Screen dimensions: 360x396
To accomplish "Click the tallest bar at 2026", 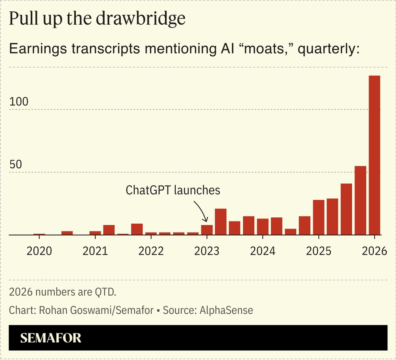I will [374, 155].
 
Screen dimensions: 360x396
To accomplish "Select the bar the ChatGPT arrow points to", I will [207, 230].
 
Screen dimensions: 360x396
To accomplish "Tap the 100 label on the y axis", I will [19, 102].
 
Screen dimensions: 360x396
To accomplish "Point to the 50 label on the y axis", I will [15, 164].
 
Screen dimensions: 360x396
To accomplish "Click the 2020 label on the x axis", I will [39, 251].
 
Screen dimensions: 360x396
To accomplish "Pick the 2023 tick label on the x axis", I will [207, 251].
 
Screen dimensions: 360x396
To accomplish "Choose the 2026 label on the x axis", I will [374, 251].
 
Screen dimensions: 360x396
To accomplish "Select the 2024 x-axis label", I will [263, 251].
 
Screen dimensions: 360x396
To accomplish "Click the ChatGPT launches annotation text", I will [173, 190].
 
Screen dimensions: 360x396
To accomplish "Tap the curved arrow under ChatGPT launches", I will [201, 210].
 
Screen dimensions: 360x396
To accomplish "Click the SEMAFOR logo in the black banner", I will [51, 338].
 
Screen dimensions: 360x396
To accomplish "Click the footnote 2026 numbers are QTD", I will [63, 292].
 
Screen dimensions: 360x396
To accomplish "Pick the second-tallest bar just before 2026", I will [360, 201].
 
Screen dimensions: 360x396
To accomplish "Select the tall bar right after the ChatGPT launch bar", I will [221, 222].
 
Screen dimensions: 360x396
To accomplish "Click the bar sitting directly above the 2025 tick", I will [319, 217].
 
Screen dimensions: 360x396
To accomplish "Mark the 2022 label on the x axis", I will [151, 251].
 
